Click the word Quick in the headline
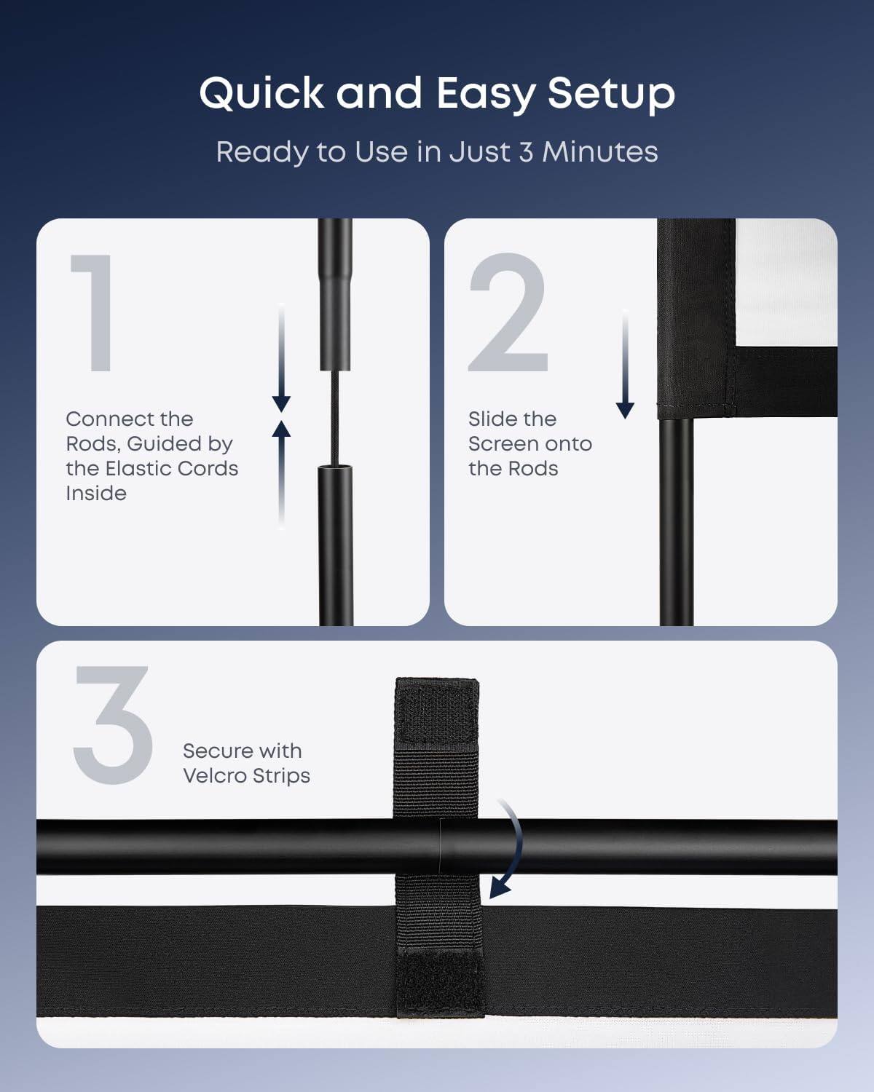tap(261, 95)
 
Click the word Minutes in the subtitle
tap(599, 151)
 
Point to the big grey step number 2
tap(508, 313)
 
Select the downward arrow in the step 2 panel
tap(625, 364)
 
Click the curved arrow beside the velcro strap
tap(510, 848)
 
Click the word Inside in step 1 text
tap(96, 494)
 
